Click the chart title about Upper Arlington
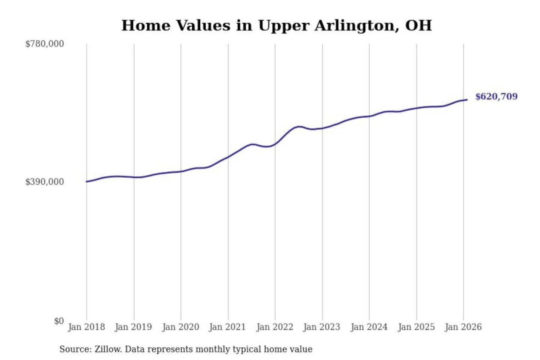point(276,25)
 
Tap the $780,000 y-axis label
point(44,44)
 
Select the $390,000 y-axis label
point(44,182)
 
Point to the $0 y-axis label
point(58,321)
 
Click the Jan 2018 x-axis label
point(86,327)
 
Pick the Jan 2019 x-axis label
point(133,327)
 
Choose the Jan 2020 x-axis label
point(180,327)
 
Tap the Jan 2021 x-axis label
point(227,327)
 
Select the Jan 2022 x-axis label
point(274,327)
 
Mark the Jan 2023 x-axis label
point(321,327)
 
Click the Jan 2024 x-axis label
point(369,327)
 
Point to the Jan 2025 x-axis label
point(416,327)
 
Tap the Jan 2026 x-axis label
point(463,327)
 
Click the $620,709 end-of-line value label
point(496,96)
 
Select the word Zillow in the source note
point(108,349)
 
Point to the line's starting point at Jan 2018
point(87,181)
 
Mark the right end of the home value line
point(467,100)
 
